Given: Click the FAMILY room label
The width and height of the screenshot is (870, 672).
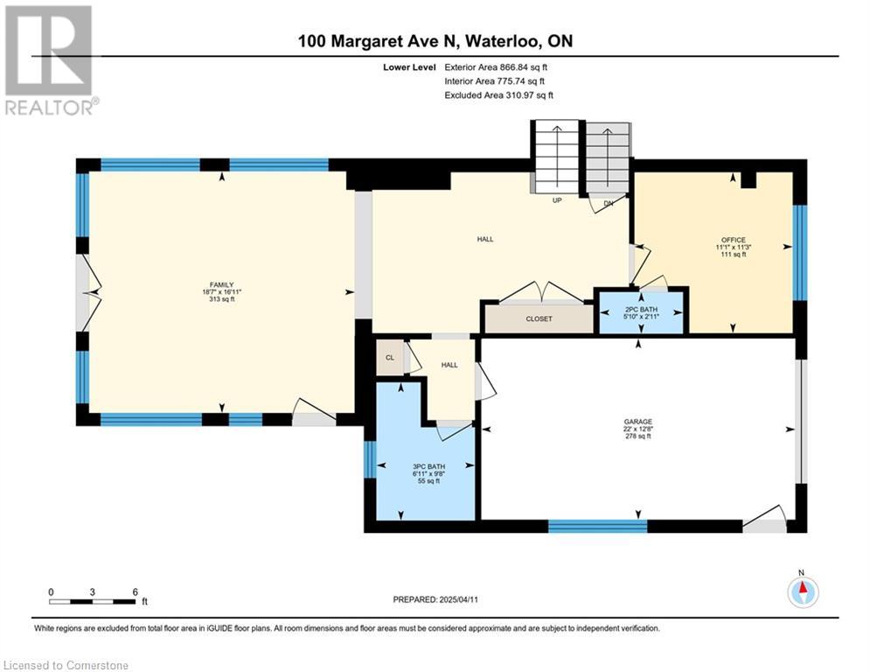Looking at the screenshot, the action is tap(221, 285).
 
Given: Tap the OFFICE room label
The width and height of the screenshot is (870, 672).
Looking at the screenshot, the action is tap(734, 241).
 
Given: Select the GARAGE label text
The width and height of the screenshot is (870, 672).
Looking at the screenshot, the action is tap(637, 422).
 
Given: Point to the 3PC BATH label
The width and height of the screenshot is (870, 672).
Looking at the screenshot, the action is tap(429, 467).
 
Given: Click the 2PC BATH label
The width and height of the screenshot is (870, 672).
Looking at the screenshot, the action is tap(642, 310).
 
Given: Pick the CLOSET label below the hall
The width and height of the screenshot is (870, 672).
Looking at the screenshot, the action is tap(539, 318).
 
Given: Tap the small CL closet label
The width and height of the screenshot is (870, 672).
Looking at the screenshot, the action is tap(390, 358).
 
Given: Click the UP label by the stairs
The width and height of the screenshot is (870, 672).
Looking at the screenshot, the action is tap(556, 199).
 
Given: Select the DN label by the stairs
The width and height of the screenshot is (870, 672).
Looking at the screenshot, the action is tap(608, 203).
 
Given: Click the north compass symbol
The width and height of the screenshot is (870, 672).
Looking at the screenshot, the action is tap(803, 591).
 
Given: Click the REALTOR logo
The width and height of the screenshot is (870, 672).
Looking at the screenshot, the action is tap(49, 60).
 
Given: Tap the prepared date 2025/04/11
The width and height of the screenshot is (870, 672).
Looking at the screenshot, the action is tap(458, 599).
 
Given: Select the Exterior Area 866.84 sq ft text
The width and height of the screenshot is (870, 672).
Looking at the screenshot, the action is tap(496, 67).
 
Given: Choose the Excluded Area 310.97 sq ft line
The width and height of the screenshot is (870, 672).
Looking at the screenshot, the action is tap(498, 95).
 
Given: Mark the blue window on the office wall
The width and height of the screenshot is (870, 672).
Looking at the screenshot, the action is tap(799, 253).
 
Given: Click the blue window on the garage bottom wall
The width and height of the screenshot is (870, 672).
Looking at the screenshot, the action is tap(597, 526).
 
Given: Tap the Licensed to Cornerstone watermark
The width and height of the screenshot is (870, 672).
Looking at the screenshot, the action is tap(66, 665).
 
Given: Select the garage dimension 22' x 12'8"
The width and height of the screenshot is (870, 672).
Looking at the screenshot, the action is tap(637, 430).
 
